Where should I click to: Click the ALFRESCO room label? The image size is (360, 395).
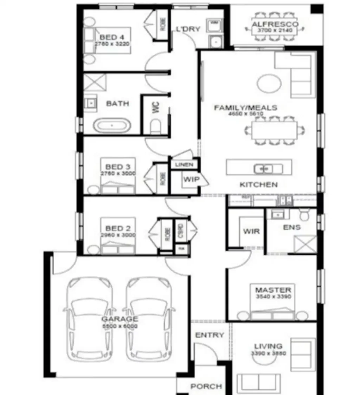[x=275, y=24]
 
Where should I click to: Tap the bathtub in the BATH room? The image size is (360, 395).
[x=112, y=125]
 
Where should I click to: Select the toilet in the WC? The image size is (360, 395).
[x=155, y=126]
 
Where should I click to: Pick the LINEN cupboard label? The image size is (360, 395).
[x=184, y=164]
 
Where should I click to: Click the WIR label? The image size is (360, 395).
[x=251, y=231]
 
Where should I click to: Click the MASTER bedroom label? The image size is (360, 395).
[x=273, y=290]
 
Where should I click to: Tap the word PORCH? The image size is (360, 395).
[x=206, y=386]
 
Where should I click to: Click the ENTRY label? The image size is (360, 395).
[x=210, y=335]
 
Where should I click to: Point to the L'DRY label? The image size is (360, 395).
[x=188, y=29]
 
